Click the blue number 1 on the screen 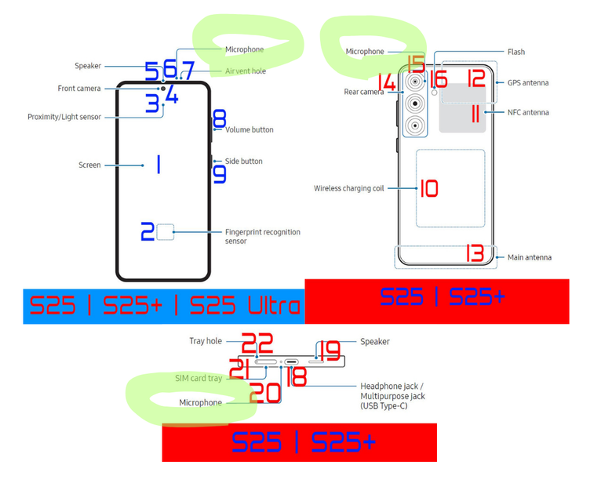tap(158, 165)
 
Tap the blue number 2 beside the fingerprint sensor tap(147, 231)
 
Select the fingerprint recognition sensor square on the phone tap(166, 231)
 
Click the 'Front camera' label tap(79, 89)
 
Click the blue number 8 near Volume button tap(220, 118)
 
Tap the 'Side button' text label tap(243, 161)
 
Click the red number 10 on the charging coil tap(428, 188)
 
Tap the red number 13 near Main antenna tap(474, 253)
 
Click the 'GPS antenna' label tap(528, 82)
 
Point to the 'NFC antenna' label tap(528, 112)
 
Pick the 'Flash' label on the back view tap(516, 52)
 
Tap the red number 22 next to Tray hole tap(257, 343)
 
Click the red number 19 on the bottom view tap(327, 350)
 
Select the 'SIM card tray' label tap(199, 378)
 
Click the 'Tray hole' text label tap(206, 341)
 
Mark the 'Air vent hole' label tap(246, 71)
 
